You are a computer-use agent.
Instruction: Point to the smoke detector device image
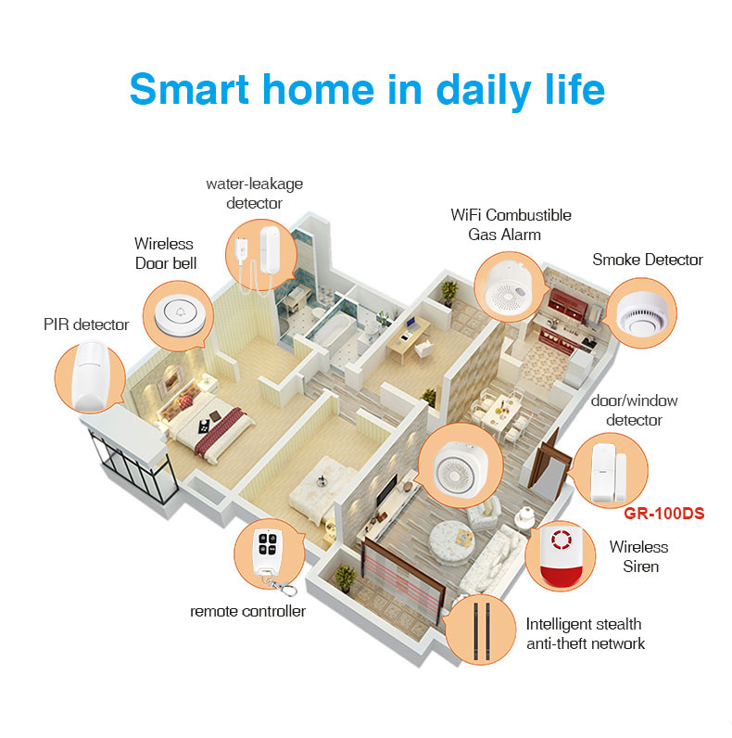click(x=642, y=312)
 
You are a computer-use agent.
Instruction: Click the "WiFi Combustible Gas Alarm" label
click(x=511, y=224)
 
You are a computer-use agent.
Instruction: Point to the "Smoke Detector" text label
click(x=648, y=261)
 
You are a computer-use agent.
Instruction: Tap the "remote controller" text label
click(x=247, y=611)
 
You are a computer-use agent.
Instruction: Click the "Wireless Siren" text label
click(x=638, y=556)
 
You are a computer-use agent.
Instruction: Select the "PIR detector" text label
click(x=86, y=324)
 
